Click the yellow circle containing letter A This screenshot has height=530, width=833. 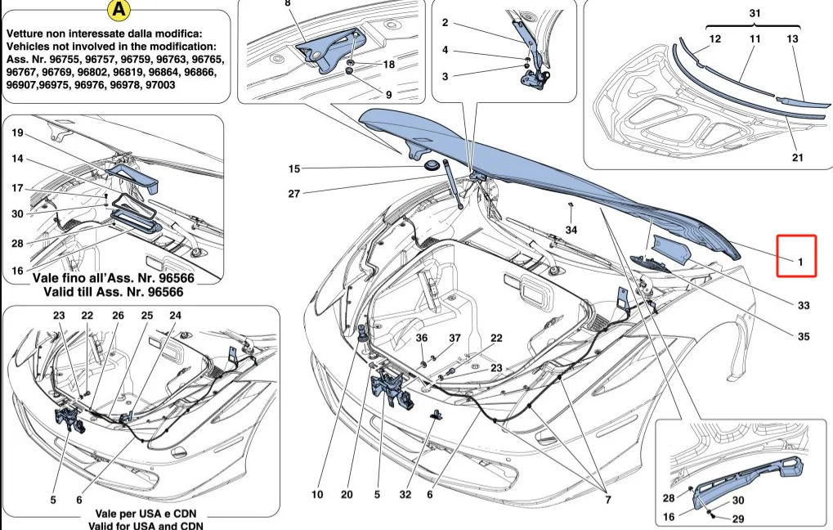click(x=119, y=11)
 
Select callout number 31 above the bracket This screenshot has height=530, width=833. click(x=754, y=14)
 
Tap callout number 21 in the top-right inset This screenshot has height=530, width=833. click(x=797, y=158)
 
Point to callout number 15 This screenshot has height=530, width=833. click(x=294, y=169)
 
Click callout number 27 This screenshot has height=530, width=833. click(x=294, y=194)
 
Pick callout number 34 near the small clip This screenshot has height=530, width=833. click(x=571, y=230)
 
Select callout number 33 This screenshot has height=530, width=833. click(x=804, y=306)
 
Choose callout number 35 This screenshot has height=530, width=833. click(x=804, y=335)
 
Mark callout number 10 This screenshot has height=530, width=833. click(x=317, y=494)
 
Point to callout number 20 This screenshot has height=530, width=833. click(x=347, y=494)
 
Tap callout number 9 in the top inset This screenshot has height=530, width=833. click(x=388, y=94)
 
